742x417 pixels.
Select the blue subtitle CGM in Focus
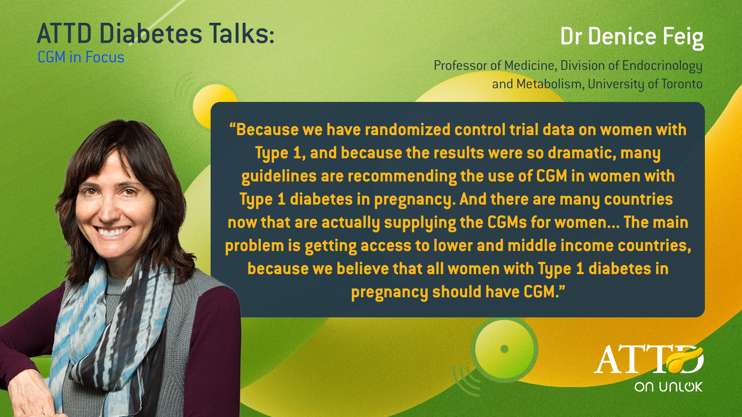click(81, 57)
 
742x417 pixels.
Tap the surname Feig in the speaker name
click(683, 37)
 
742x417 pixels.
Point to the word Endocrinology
click(662, 66)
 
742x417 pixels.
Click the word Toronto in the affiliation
click(682, 84)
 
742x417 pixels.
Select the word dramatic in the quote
click(582, 153)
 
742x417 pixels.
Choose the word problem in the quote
click(254, 246)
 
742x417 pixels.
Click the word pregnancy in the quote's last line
click(389, 292)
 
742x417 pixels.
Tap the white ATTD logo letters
click(648, 359)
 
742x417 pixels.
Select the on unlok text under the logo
click(668, 387)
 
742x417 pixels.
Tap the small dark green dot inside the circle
click(504, 349)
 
